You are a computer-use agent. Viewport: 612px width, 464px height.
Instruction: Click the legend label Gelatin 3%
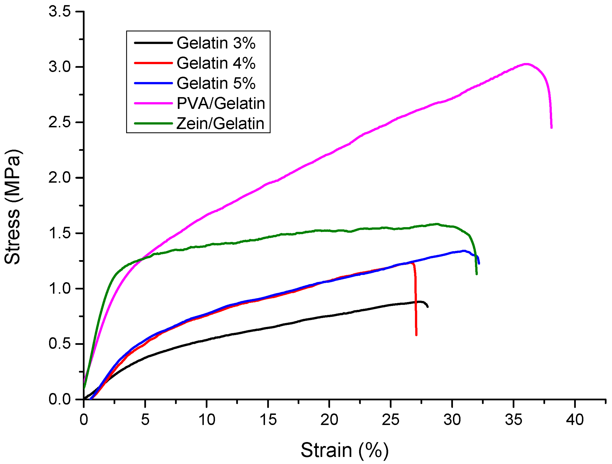tap(216, 43)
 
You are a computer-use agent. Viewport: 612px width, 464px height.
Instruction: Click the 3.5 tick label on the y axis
tap(60, 12)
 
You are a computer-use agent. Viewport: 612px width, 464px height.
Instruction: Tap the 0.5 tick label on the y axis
tap(60, 344)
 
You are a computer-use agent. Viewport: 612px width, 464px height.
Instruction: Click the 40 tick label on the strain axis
tap(575, 420)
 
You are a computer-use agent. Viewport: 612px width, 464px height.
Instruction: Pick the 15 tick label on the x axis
tap(268, 420)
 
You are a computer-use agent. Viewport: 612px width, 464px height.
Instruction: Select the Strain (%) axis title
tap(345, 450)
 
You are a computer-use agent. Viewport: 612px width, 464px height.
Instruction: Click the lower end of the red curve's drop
tap(416, 335)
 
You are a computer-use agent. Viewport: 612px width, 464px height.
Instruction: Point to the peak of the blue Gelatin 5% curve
tap(463, 251)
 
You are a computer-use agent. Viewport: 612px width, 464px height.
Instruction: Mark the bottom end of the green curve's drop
tap(476, 274)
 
